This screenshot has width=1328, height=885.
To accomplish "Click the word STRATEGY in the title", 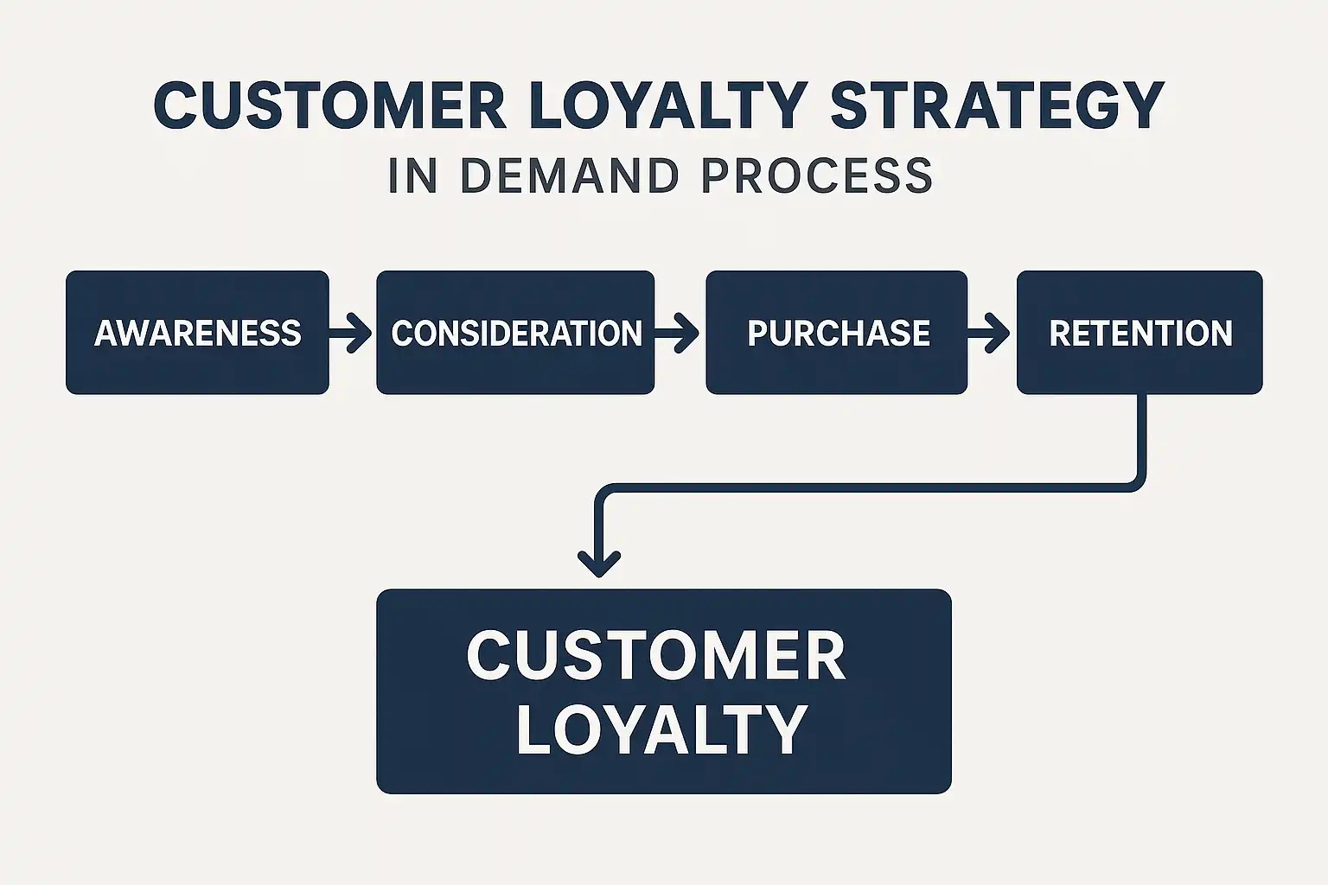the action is pos(997,105).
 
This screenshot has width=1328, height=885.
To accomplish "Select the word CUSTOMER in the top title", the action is pos(330,105).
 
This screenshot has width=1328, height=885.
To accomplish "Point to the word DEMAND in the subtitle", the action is pos(570,176).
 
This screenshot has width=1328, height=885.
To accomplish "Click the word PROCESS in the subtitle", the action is pos(818,176).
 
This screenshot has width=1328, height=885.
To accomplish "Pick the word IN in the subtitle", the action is pos(413,176).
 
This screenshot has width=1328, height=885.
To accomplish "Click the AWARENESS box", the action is pos(197,333).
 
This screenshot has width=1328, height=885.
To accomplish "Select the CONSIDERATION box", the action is pos(515,333).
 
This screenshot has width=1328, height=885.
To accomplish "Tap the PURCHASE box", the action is pos(837,333).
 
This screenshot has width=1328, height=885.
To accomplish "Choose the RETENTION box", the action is pos(1140,333).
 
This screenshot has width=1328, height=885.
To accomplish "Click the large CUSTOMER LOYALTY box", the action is pos(664,691).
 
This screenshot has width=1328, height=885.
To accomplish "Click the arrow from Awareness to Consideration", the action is pos(350,333).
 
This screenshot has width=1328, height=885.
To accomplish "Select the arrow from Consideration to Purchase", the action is pos(677,333).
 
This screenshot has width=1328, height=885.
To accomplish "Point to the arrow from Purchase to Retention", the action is pos(988,333).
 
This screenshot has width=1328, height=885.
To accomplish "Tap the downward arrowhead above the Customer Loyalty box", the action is pos(599,563).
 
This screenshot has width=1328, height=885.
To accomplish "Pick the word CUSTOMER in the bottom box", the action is pos(656,656).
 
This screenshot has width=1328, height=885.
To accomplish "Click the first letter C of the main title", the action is pos(176,105).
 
